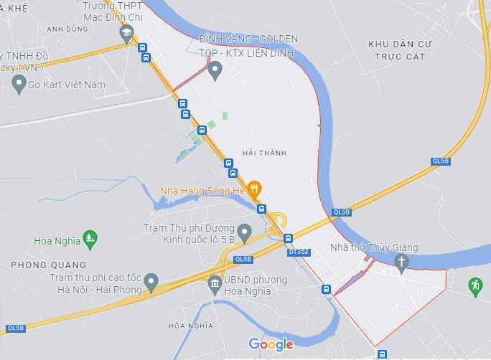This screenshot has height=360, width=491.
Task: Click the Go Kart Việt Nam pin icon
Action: click(19, 84)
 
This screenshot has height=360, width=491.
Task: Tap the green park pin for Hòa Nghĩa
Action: click(90, 238)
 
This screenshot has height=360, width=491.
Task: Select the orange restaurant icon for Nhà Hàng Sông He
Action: click(254, 190)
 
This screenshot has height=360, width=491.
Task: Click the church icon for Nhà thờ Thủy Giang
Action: click(402, 262)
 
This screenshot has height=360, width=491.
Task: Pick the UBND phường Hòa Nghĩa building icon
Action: click(215, 284)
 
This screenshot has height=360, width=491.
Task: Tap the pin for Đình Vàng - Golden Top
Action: click(215, 69)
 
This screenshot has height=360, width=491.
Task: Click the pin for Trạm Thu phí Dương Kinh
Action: click(244, 232)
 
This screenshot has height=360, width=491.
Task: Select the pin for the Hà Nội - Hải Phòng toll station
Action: click(151, 282)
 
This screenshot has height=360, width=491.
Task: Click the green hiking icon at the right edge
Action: click(474, 285)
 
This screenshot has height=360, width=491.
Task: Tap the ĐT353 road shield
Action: click(298, 252)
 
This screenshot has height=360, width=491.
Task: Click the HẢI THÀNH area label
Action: click(265, 153)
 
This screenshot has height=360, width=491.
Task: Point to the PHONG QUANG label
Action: click(39, 265)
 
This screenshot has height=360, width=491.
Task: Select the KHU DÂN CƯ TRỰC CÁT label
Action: click(401, 49)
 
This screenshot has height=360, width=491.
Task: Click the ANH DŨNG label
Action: click(66, 29)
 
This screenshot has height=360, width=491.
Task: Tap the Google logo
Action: click(271, 345)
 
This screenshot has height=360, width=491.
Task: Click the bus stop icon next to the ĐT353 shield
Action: click(288, 239)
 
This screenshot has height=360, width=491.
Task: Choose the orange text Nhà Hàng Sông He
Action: click(202, 191)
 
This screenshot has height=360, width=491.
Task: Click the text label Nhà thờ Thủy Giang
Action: click(374, 248)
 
